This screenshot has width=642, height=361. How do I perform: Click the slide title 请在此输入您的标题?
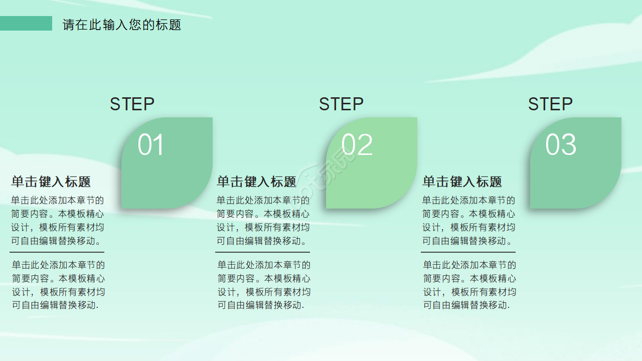point(122,25)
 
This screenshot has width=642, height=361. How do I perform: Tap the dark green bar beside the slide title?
point(26,23)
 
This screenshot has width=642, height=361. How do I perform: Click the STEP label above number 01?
point(132,104)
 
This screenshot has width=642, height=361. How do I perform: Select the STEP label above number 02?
point(341,104)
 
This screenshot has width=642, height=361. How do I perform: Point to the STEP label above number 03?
point(550,104)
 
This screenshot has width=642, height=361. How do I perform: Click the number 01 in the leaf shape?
point(151,145)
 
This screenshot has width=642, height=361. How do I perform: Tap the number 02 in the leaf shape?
point(357,145)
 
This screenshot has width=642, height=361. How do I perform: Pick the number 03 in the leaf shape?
point(561,145)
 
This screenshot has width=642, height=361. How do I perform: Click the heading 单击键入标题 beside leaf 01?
point(51,182)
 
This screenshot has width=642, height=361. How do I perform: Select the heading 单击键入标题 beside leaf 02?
point(257,182)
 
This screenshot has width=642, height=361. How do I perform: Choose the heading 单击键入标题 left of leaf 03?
point(462,182)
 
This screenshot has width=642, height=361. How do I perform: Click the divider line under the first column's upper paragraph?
point(57,252)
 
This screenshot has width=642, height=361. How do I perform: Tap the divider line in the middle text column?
point(263,252)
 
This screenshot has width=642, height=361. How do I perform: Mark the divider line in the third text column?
point(468,252)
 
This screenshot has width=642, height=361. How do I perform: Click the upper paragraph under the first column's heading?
point(58,221)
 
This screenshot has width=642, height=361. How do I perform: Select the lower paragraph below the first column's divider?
point(58,285)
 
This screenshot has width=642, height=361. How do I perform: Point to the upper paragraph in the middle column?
point(263,221)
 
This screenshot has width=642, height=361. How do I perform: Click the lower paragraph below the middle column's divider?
point(264,285)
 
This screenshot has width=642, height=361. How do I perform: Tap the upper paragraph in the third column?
point(469,221)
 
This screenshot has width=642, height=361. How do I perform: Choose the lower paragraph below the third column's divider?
point(469,285)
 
